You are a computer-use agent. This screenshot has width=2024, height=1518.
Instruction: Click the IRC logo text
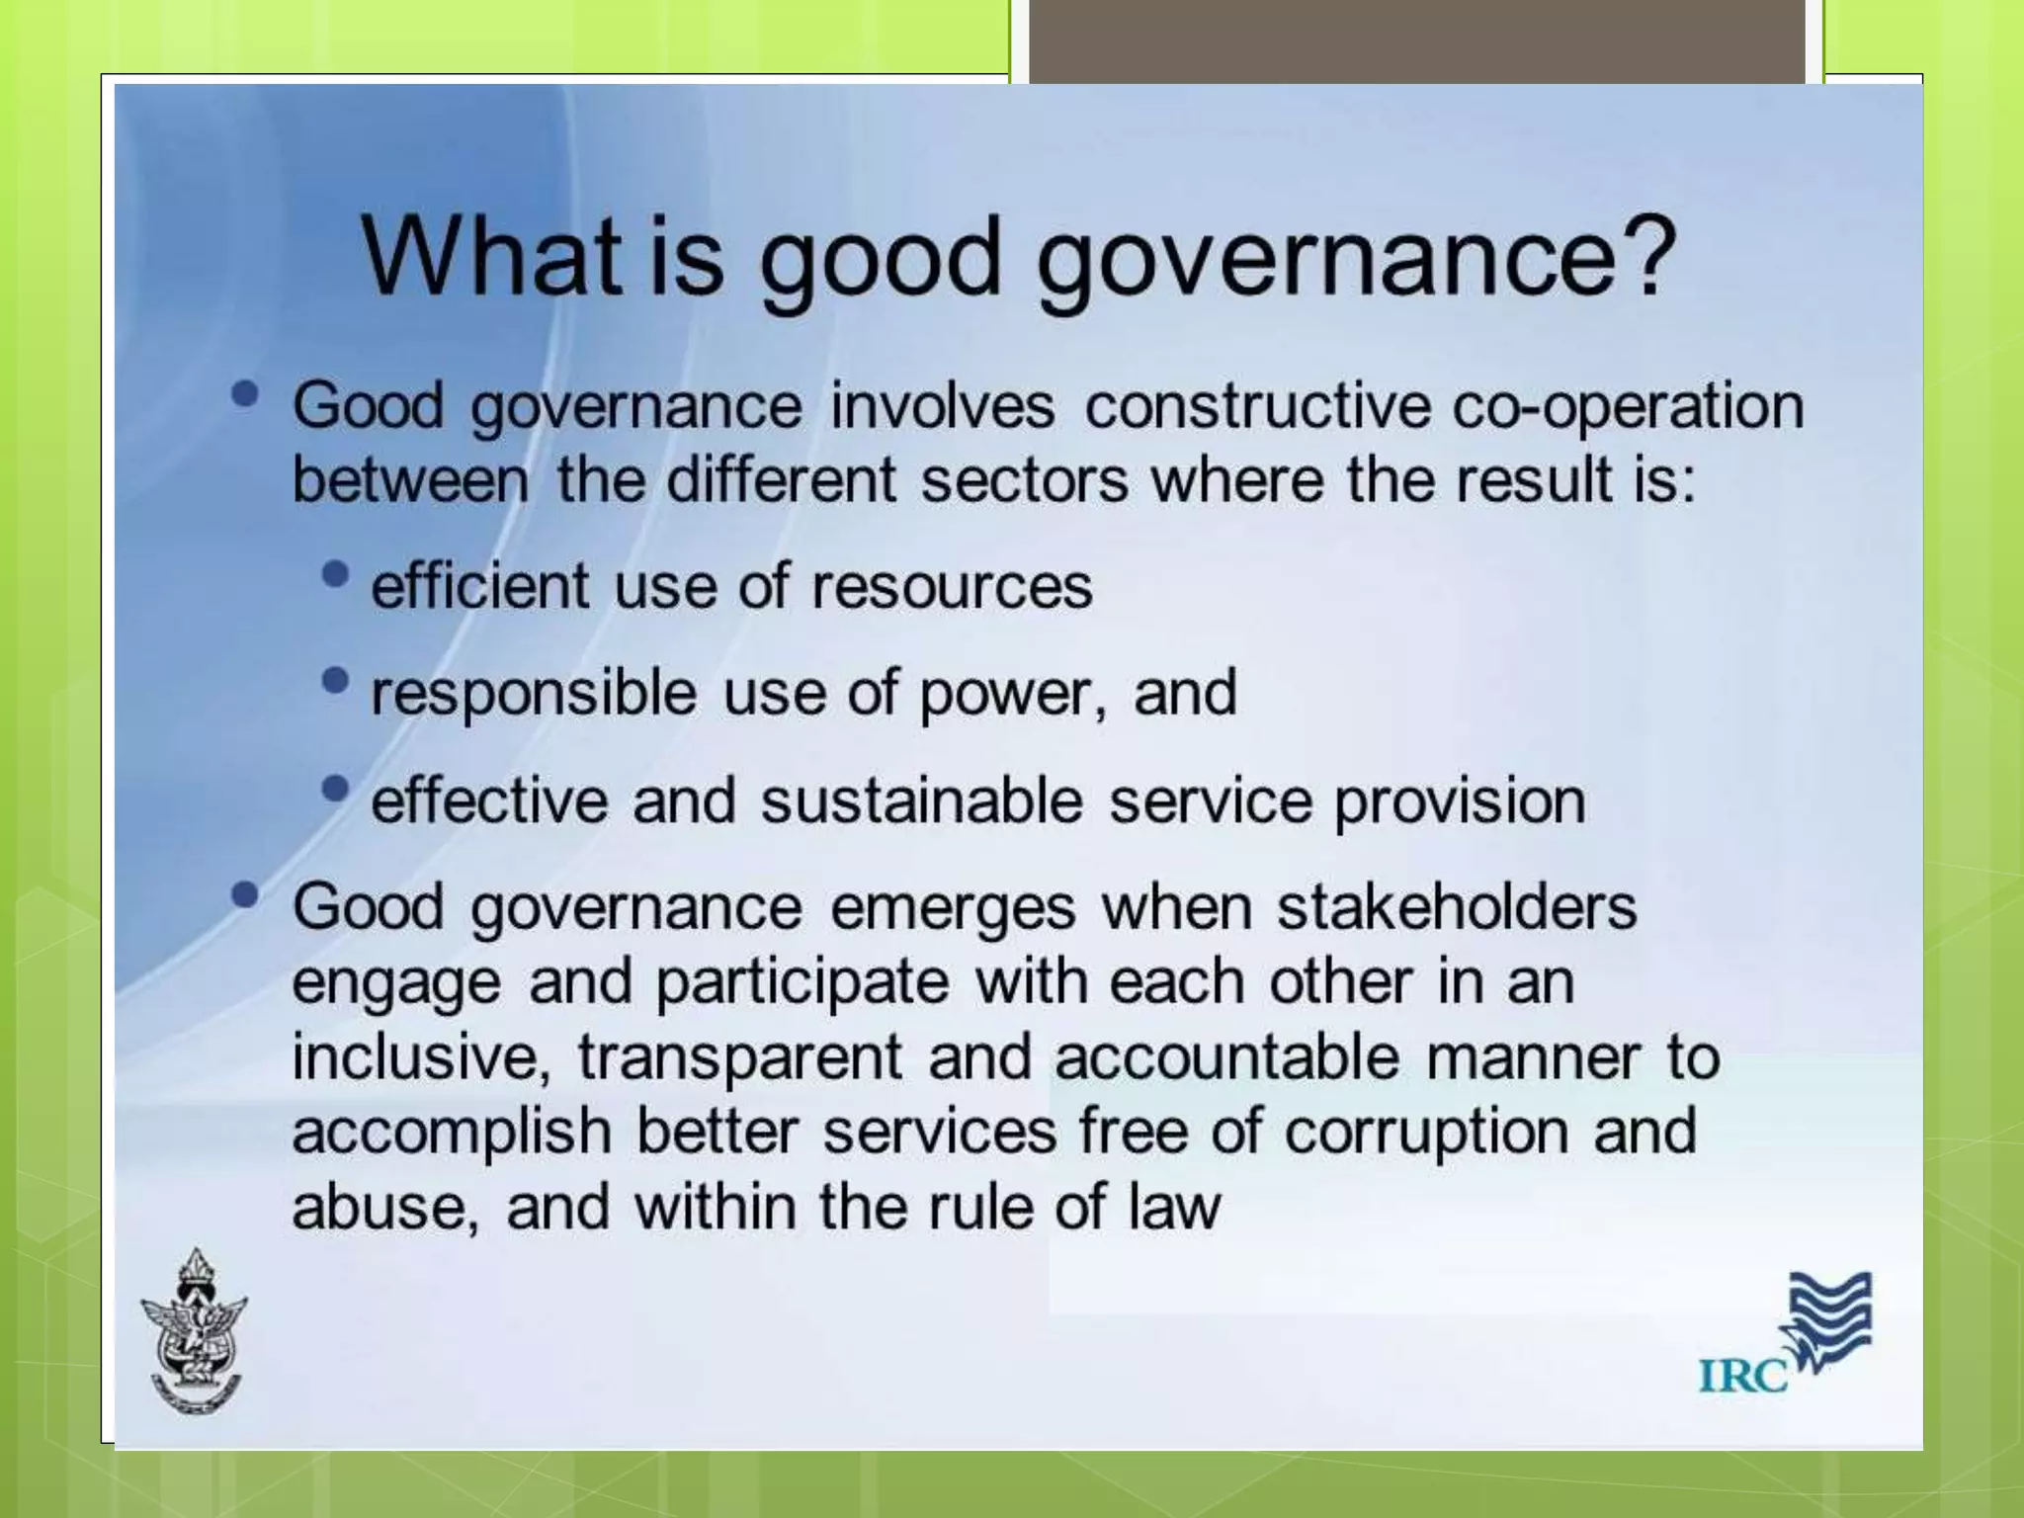pyautogui.click(x=1742, y=1375)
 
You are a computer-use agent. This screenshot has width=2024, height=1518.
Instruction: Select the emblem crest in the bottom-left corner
pyautogui.click(x=195, y=1330)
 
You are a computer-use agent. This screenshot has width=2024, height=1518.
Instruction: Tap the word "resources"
pyautogui.click(x=952, y=587)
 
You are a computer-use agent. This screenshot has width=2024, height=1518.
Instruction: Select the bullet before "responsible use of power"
pyautogui.click(x=336, y=680)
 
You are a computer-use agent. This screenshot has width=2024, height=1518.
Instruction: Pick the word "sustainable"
pyautogui.click(x=921, y=801)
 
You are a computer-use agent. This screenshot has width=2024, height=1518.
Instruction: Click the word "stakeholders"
pyautogui.click(x=1457, y=907)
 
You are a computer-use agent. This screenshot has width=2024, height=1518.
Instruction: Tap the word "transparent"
pyautogui.click(x=740, y=1057)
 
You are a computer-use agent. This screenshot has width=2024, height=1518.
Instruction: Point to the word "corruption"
pyautogui.click(x=1425, y=1132)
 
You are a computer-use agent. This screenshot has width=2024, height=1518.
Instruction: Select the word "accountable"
pyautogui.click(x=1226, y=1056)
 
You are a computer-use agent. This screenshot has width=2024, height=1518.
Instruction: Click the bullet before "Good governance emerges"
pyautogui.click(x=245, y=894)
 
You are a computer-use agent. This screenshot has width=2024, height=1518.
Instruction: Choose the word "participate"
pyautogui.click(x=802, y=983)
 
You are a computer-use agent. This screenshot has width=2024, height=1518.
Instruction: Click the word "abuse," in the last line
pyautogui.click(x=385, y=1207)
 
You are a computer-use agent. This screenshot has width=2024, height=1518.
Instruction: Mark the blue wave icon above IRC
pyautogui.click(x=1829, y=1318)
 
